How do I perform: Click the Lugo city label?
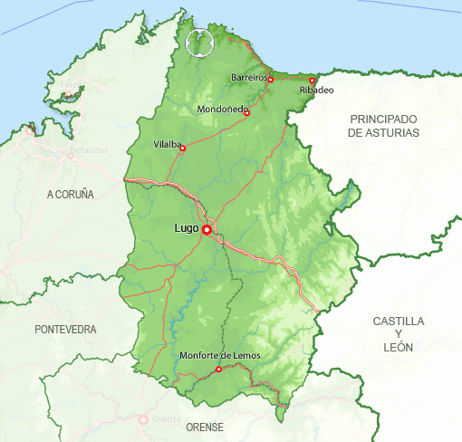tap(186, 229)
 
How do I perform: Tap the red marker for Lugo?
tap(207, 230)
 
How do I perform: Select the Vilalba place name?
tap(167, 144)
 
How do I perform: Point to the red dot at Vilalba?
tap(183, 148)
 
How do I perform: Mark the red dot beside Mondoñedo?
tap(246, 113)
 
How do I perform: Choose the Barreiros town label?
tap(249, 78)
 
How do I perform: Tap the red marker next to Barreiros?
tap(271, 80)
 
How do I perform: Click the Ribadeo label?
tap(316, 91)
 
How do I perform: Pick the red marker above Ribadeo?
tap(312, 81)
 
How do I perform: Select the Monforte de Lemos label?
tap(220, 356)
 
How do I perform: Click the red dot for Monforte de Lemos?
tap(219, 369)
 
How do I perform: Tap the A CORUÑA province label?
tap(71, 195)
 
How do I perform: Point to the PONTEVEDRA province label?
tap(65, 330)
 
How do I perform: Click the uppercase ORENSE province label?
tap(204, 426)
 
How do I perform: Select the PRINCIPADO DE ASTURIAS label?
tap(384, 126)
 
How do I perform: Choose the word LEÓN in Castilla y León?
tap(399, 347)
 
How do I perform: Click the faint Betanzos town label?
tap(88, 149)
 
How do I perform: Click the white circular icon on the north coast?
tap(198, 42)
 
